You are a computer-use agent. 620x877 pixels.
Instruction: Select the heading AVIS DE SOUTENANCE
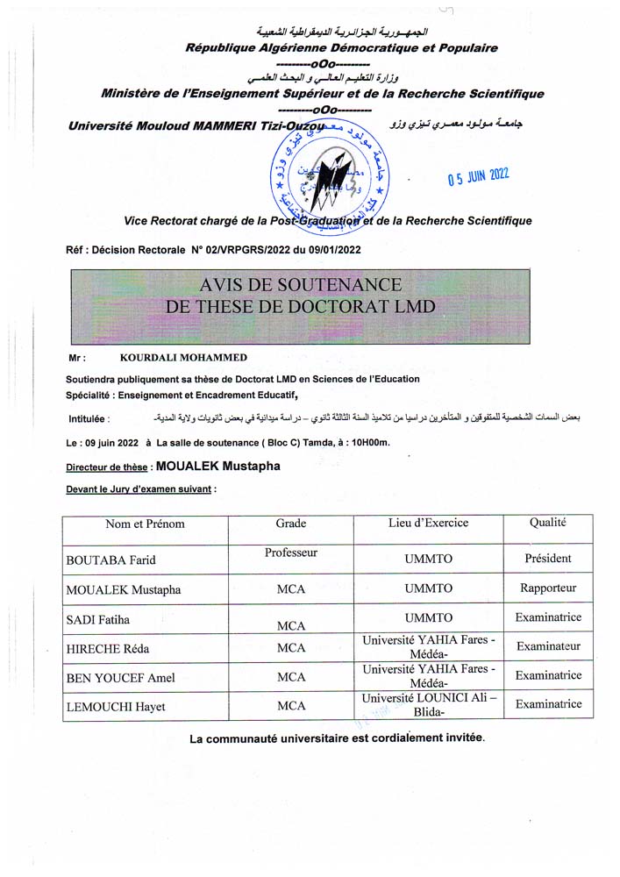(x=301, y=285)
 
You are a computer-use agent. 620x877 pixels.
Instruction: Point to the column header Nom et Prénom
(x=145, y=524)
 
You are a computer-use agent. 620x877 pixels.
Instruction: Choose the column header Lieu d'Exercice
(x=428, y=524)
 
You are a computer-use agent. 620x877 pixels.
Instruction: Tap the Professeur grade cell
(x=290, y=553)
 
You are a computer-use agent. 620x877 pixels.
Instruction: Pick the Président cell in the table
(x=548, y=558)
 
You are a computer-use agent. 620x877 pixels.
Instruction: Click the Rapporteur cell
(x=548, y=588)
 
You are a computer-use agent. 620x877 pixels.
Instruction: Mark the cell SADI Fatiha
(x=98, y=620)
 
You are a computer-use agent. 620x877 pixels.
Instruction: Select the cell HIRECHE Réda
(x=103, y=649)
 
